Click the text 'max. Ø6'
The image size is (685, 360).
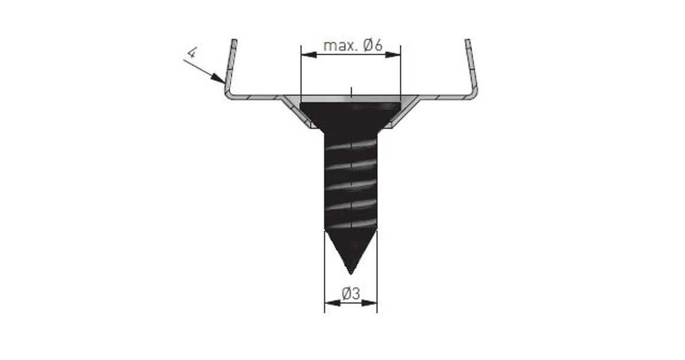coord(353,45)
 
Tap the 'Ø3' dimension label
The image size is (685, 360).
coord(351,293)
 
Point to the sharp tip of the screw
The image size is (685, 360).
coord(351,274)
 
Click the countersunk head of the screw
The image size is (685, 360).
coord(350,114)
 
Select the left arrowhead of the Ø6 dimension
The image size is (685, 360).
coord(309,54)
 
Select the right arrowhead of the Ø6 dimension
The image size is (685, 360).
coord(393,54)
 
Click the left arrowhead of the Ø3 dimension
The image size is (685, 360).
coord(332,303)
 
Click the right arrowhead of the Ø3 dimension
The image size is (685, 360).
coord(369,303)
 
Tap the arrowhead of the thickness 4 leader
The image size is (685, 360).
coord(219,78)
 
